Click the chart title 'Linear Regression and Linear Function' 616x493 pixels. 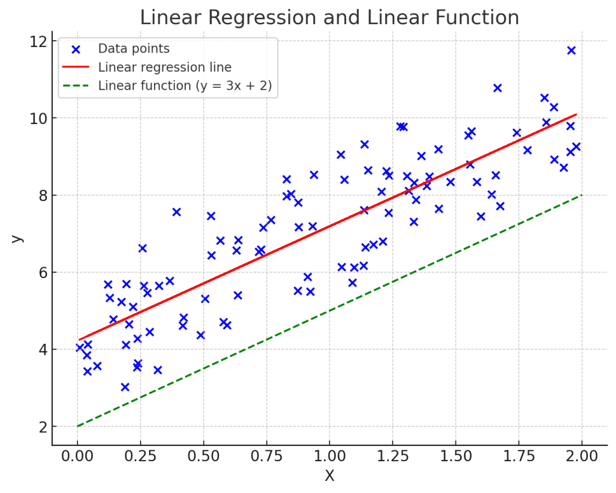[329, 17]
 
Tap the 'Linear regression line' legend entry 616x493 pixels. [164, 67]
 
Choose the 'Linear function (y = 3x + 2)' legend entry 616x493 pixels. [185, 85]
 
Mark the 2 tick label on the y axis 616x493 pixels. [42, 427]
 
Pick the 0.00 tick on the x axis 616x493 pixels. [77, 456]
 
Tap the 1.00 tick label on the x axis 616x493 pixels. [329, 456]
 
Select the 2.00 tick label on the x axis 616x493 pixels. [582, 456]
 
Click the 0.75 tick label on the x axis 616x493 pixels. [266, 456]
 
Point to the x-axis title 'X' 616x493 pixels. [329, 476]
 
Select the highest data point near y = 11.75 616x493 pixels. [571, 51]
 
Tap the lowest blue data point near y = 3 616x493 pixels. [125, 387]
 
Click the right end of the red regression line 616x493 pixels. [576, 114]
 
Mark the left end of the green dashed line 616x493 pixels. [78, 426]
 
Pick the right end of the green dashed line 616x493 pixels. [582, 195]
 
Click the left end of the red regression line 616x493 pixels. [80, 340]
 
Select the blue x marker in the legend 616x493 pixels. [75, 49]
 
